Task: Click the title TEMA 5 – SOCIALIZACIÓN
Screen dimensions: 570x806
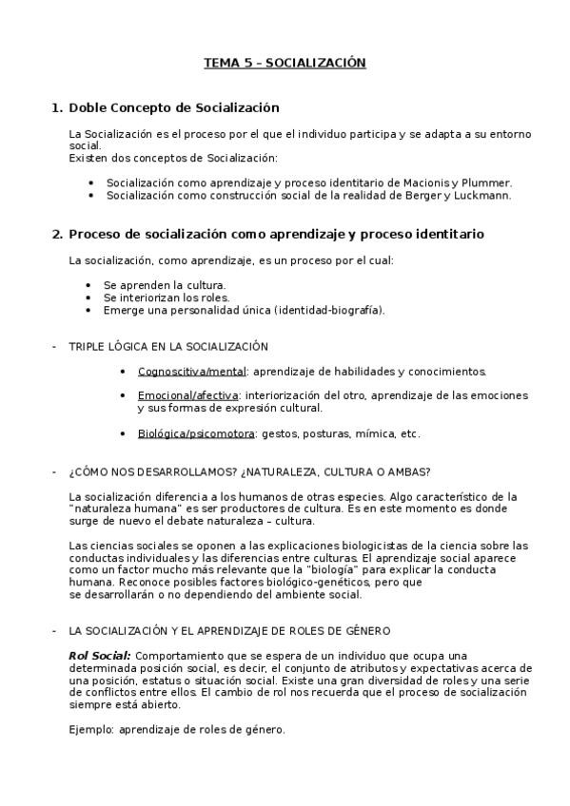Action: (285, 63)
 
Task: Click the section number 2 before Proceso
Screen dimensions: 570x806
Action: (57, 233)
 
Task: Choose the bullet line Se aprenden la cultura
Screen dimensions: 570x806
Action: (165, 284)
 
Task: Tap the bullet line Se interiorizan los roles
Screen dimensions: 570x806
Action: (167, 297)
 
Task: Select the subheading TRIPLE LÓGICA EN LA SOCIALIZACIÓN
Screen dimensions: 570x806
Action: (168, 346)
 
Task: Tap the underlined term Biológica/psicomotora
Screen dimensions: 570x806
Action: (195, 433)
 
